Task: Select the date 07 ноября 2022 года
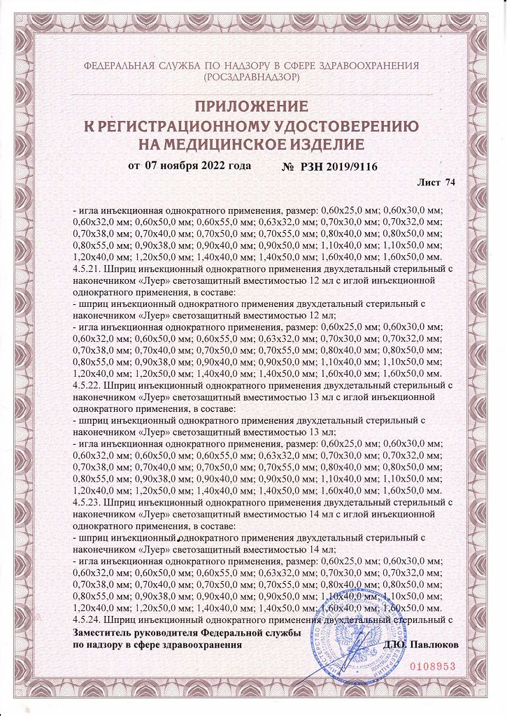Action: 198,166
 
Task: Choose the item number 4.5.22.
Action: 86,385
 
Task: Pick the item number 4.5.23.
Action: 86,502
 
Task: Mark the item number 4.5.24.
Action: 86,620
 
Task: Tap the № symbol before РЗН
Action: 287,167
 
